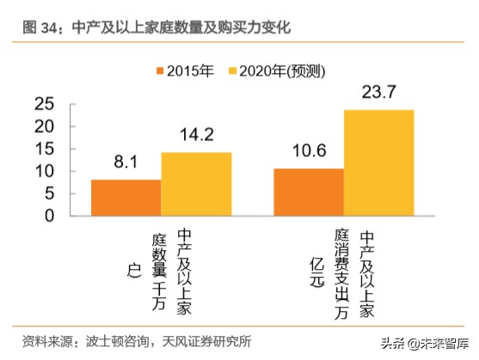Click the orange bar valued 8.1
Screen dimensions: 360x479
126,198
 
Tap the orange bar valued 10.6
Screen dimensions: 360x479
308,192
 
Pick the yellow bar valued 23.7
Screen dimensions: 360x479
378,162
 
